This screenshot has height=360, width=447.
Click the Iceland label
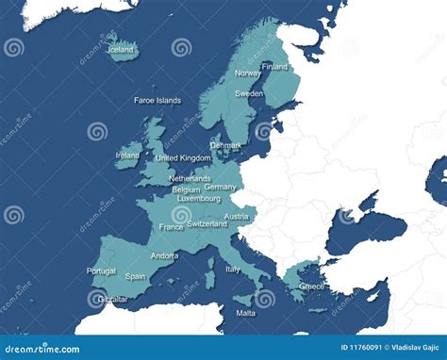tap(121, 50)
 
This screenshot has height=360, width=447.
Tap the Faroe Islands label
tap(157, 100)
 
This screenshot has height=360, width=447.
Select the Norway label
tap(248, 74)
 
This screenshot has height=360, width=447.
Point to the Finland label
tap(274, 67)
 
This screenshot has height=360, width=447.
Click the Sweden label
tap(249, 94)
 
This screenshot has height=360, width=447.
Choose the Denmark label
tap(225, 146)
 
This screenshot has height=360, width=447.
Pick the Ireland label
tap(127, 155)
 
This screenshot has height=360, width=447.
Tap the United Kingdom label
tap(184, 158)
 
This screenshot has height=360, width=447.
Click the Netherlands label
tap(190, 178)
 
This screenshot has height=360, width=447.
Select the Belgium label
tap(187, 189)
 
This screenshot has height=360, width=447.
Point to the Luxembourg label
tap(198, 199)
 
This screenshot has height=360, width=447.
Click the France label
tap(172, 227)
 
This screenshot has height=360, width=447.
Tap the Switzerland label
tap(207, 224)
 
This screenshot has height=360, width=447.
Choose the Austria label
tap(237, 217)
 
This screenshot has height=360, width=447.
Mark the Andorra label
tap(164, 256)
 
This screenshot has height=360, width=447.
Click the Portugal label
tap(101, 271)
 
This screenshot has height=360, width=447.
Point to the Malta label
tap(245, 313)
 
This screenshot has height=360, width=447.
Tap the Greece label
tap(312, 286)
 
